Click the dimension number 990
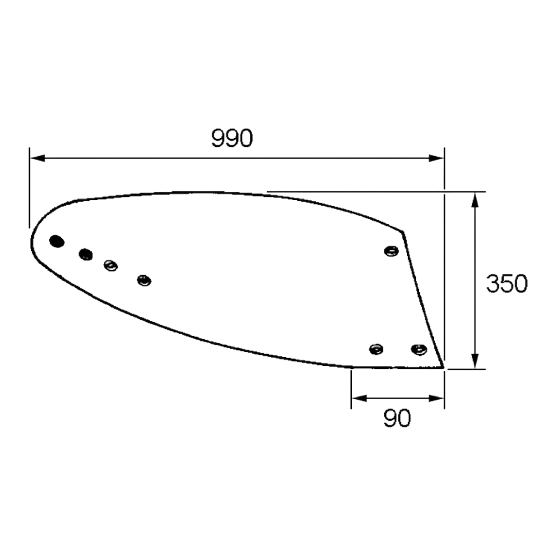click(232, 138)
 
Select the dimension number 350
click(507, 284)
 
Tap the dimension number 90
click(397, 418)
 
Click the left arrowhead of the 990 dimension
click(37, 158)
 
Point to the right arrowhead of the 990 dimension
click(436, 158)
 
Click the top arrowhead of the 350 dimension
click(475, 200)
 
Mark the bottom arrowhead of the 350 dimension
click(475, 361)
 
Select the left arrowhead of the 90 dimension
click(359, 399)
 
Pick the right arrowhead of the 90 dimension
click(436, 399)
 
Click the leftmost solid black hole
click(57, 241)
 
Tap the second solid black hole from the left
click(86, 254)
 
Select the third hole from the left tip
click(111, 266)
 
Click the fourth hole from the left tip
click(145, 280)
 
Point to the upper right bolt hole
click(391, 251)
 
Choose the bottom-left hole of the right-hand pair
click(376, 349)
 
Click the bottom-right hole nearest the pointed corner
click(419, 349)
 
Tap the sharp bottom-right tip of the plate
click(443, 368)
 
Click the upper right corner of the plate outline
click(403, 232)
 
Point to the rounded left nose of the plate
click(32, 242)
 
